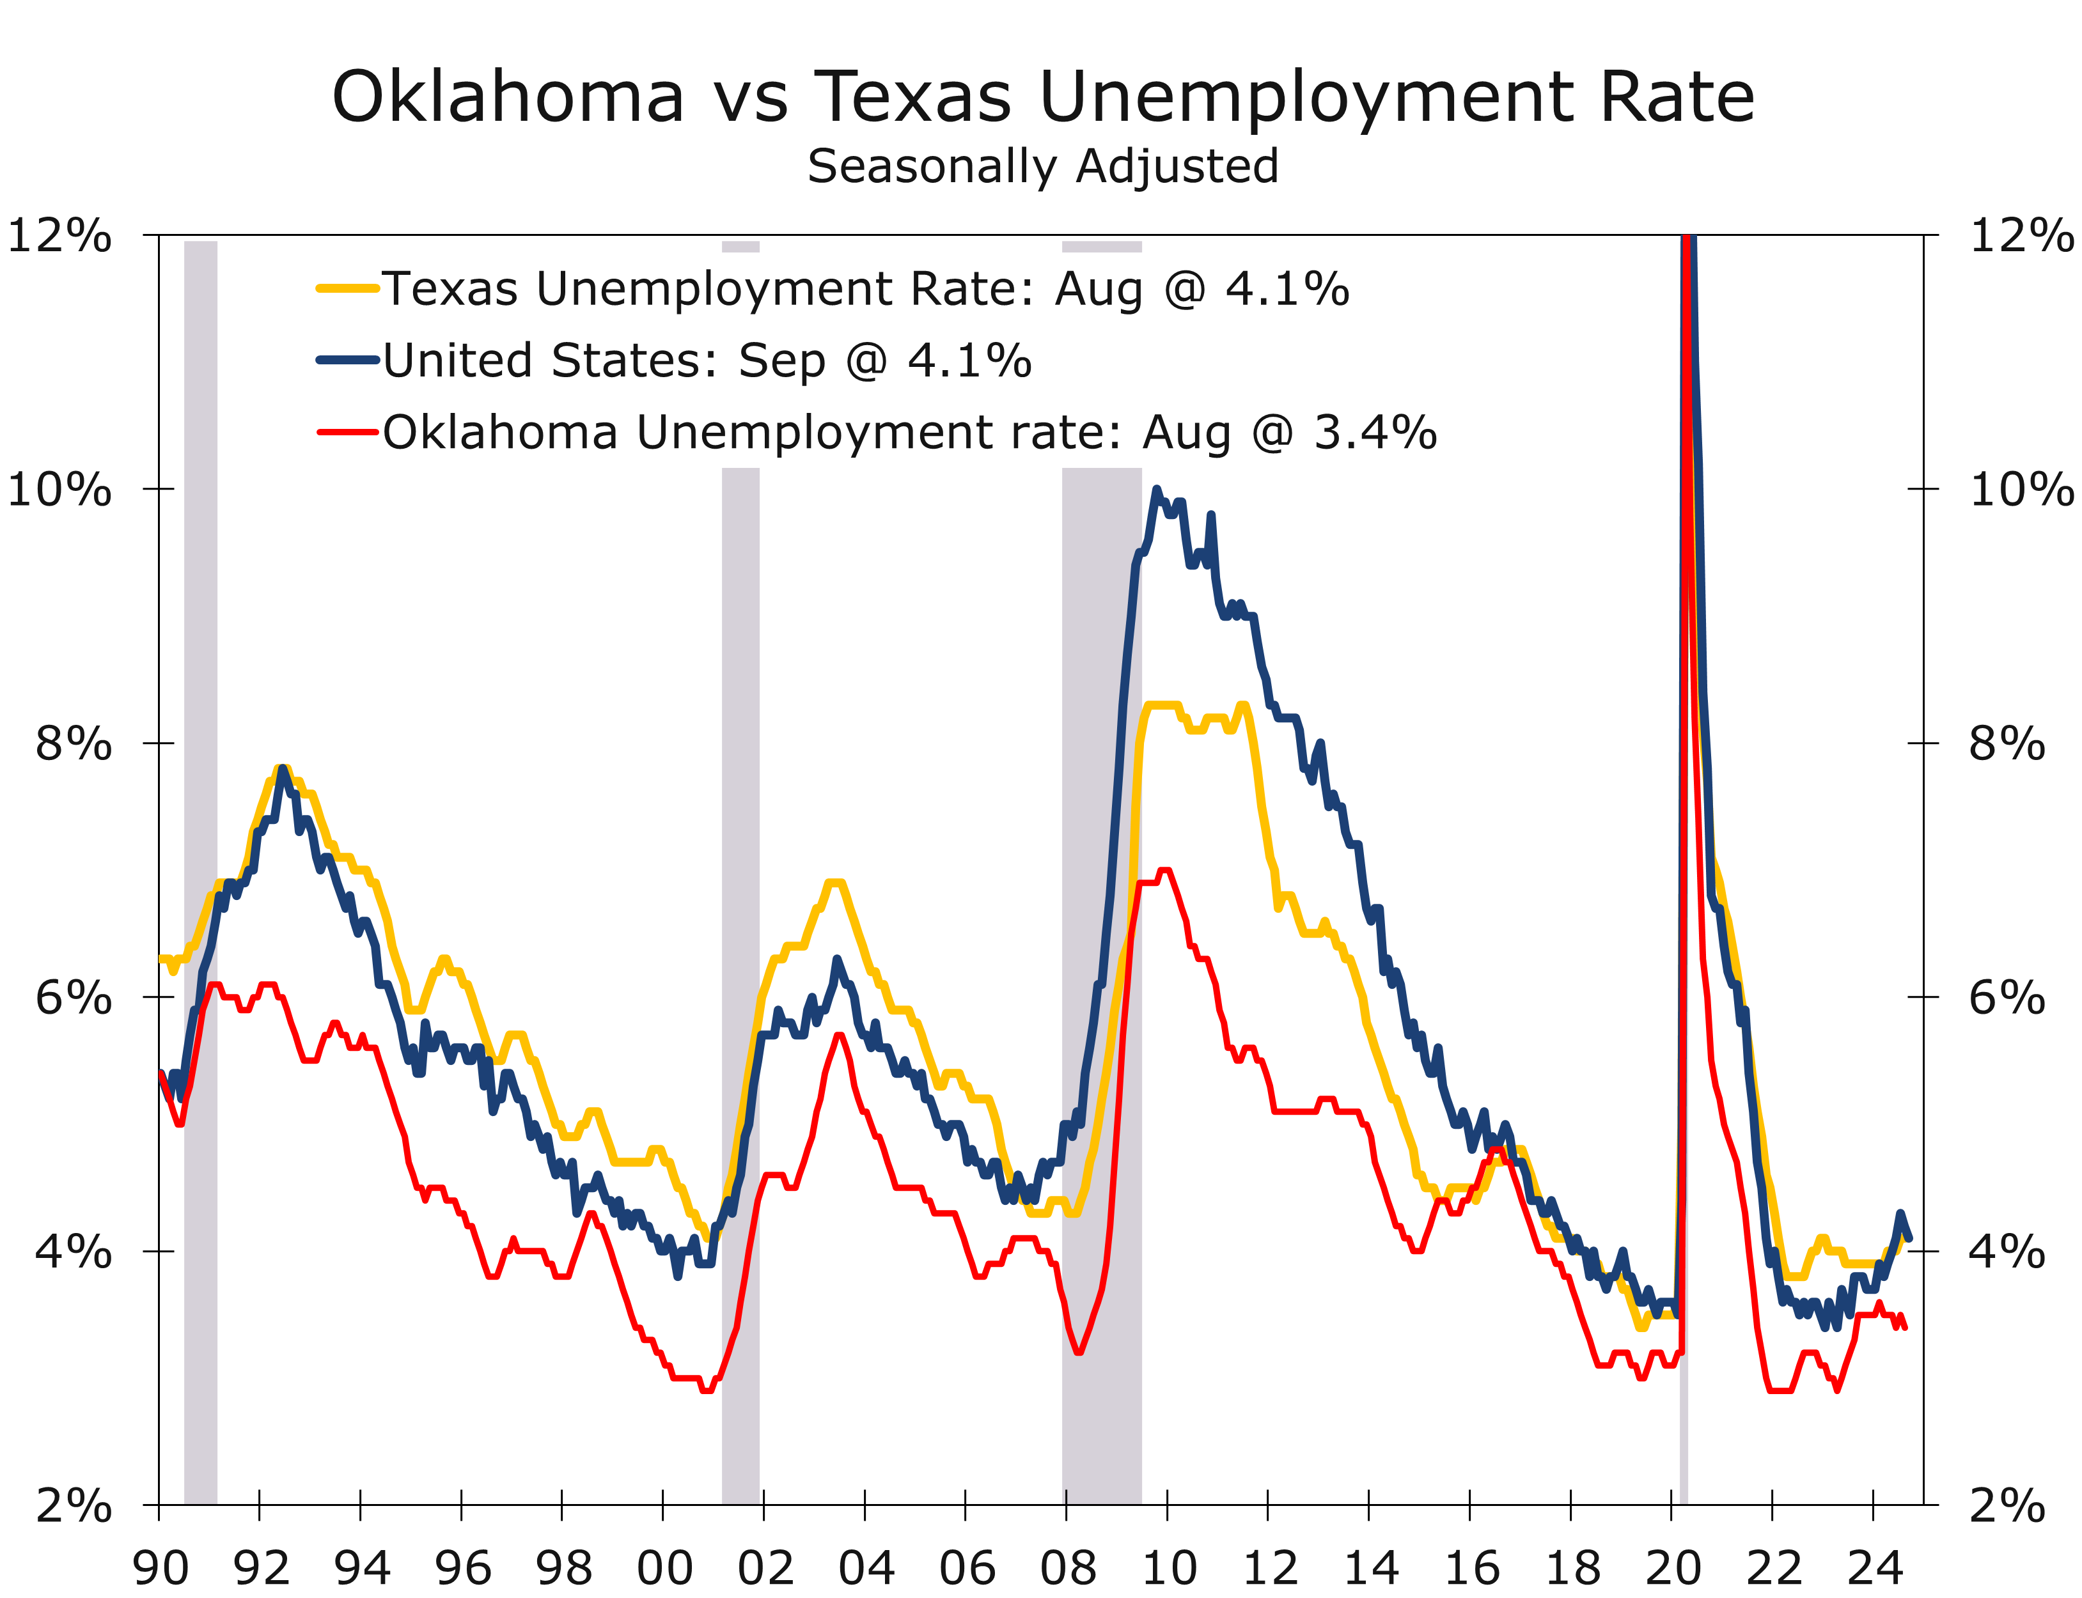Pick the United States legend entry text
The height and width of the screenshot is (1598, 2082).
[x=707, y=361]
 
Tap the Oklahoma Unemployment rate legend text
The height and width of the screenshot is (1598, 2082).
[x=909, y=433]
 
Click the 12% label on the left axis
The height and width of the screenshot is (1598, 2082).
[x=59, y=235]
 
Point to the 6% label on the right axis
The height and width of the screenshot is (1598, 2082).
[x=2006, y=998]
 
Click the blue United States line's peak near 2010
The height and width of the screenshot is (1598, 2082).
[x=1156, y=490]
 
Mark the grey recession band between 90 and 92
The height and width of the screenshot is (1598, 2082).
[x=200, y=856]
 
